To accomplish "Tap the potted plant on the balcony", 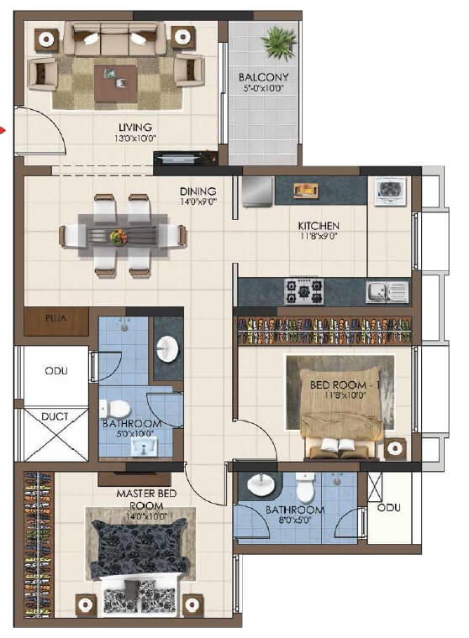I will tap(277, 41).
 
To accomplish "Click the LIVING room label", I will tap(134, 128).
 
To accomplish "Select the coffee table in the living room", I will tap(116, 82).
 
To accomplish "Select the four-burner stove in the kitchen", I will tap(303, 291).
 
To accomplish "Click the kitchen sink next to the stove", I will tap(386, 291).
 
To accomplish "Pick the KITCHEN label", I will tap(319, 226).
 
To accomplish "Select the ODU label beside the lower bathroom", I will tap(389, 507).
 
